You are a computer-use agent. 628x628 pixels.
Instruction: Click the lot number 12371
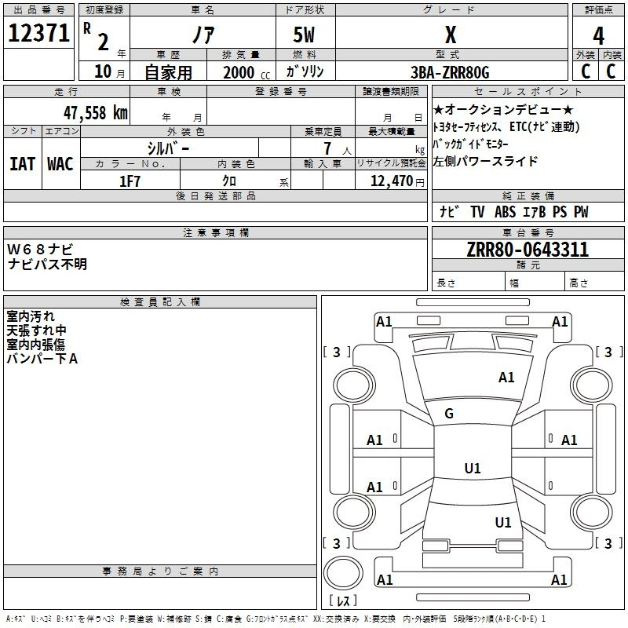(38, 33)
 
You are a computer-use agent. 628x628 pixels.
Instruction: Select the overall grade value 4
(598, 36)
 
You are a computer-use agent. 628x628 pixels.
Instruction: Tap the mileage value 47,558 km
(96, 113)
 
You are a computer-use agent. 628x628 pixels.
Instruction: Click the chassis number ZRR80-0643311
(528, 250)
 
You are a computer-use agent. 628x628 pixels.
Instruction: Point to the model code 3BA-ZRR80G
(450, 72)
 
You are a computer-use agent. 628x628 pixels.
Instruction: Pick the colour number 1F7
(130, 181)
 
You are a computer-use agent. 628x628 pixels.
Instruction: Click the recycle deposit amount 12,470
(392, 181)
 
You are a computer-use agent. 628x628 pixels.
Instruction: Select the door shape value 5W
(304, 35)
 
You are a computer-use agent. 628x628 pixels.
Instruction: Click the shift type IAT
(22, 164)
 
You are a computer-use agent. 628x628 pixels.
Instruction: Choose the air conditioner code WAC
(60, 164)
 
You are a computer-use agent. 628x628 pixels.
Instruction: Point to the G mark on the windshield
(449, 414)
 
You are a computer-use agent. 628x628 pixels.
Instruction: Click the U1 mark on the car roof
(473, 468)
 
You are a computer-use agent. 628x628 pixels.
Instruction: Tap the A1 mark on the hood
(506, 378)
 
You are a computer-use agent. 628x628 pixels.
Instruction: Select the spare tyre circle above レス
(343, 573)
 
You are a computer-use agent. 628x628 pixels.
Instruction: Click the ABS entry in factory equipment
(505, 212)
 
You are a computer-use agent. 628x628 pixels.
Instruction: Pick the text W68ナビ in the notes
(40, 250)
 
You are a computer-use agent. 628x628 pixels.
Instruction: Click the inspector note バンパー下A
(42, 359)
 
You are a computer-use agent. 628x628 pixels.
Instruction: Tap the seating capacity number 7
(327, 148)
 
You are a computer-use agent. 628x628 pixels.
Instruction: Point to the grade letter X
(451, 35)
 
